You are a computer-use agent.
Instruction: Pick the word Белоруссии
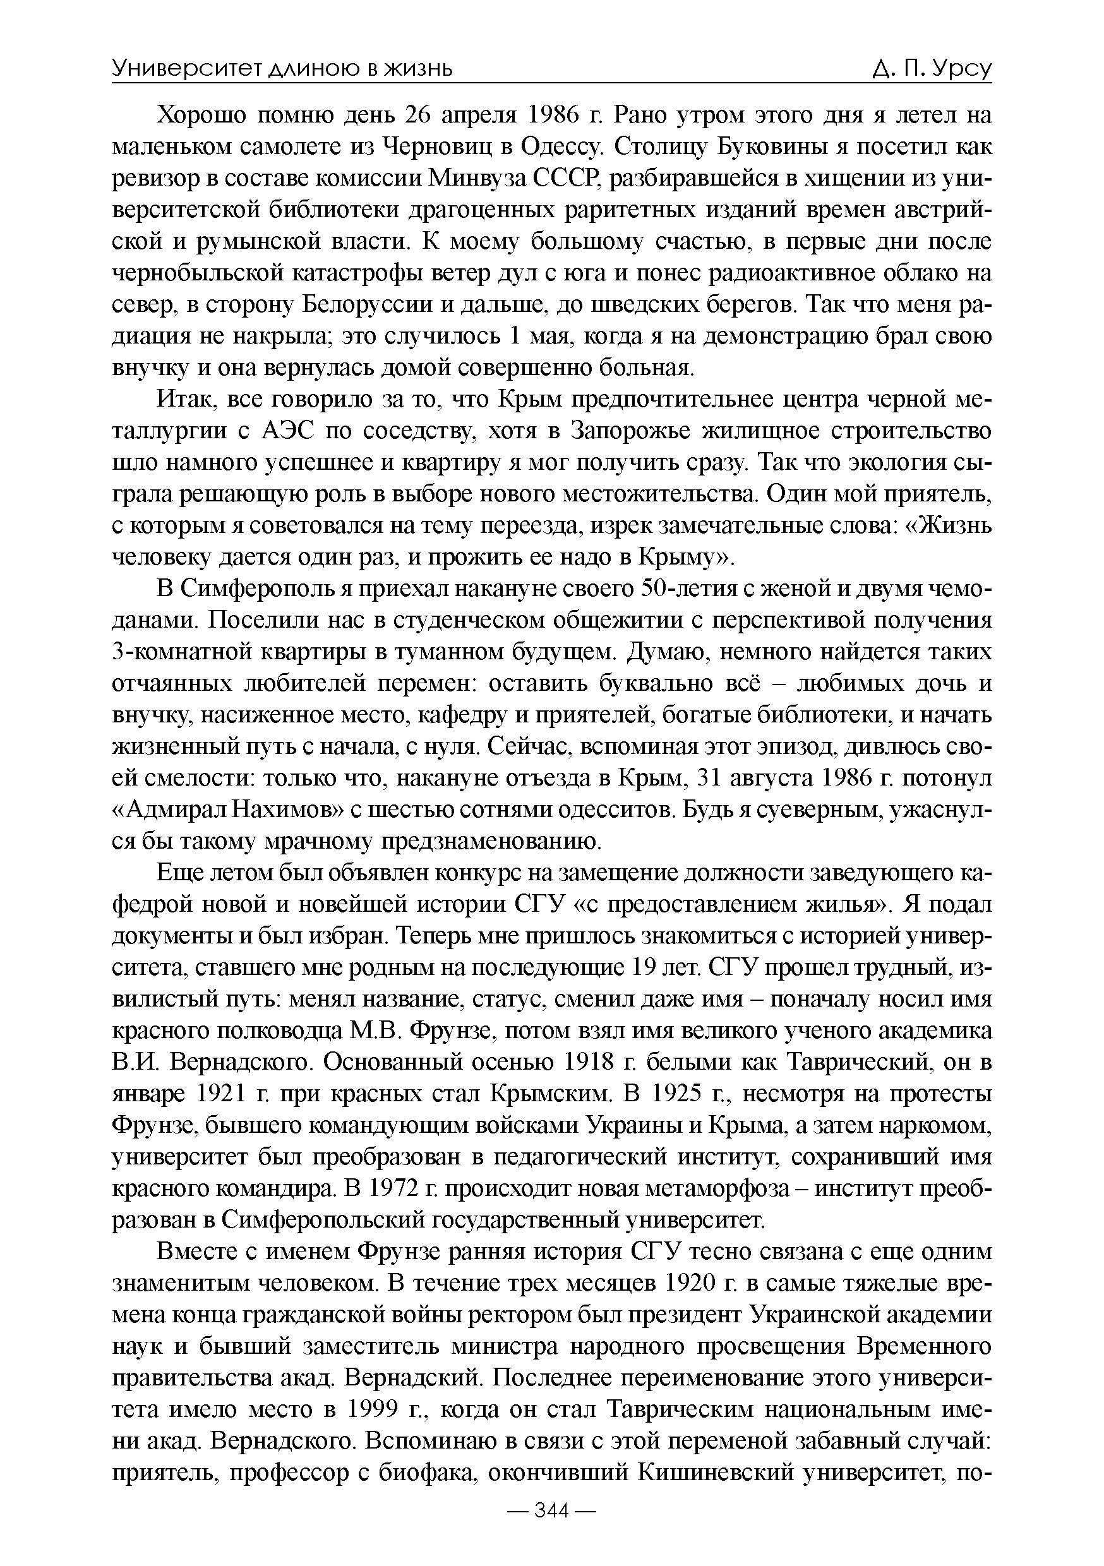367,305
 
